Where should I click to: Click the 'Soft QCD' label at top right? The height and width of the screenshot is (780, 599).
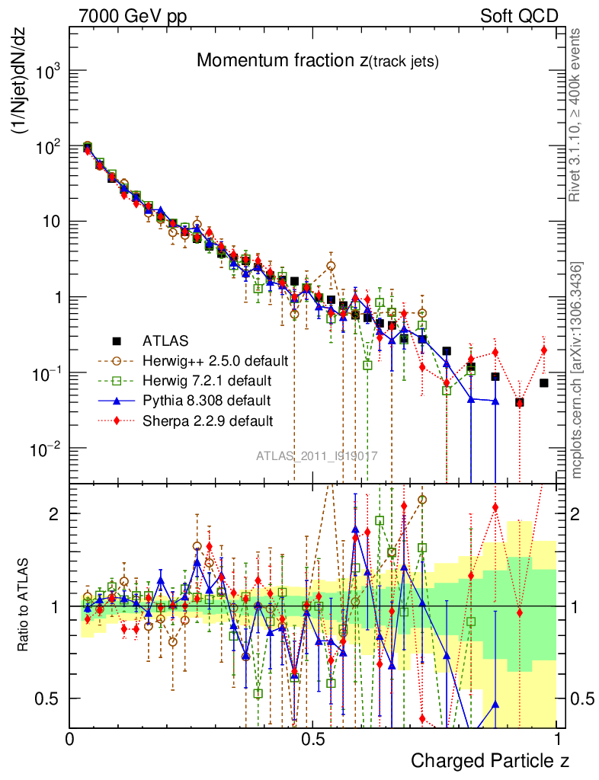(x=519, y=16)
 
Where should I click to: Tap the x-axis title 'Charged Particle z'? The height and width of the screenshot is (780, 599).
(x=489, y=760)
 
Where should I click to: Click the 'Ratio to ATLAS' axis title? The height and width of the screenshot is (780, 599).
(x=26, y=606)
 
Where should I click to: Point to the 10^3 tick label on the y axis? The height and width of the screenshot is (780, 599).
(x=47, y=73)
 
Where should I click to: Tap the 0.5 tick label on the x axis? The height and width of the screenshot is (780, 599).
(x=311, y=739)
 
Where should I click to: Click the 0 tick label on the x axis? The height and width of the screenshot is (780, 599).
(x=70, y=739)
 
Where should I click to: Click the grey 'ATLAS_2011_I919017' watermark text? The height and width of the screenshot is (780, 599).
(x=316, y=456)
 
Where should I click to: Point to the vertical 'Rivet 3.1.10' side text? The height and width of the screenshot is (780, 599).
(x=575, y=115)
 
